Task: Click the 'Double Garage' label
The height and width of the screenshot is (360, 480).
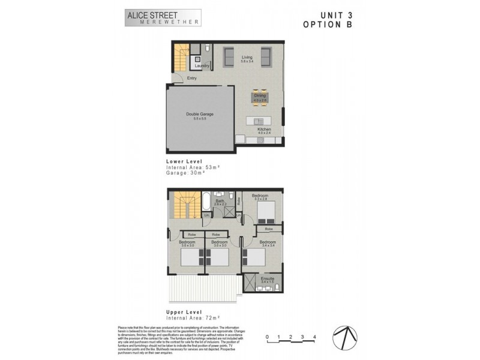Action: click(x=199, y=114)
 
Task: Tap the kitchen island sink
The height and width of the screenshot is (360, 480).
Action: click(x=260, y=121)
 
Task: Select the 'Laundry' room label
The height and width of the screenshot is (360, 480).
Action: click(x=202, y=65)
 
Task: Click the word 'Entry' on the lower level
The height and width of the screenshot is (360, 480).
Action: click(x=192, y=78)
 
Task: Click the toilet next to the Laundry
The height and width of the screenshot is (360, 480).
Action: click(x=206, y=48)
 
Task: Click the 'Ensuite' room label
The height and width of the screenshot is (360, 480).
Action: click(x=268, y=278)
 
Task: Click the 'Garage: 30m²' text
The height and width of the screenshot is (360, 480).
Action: click(x=186, y=172)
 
